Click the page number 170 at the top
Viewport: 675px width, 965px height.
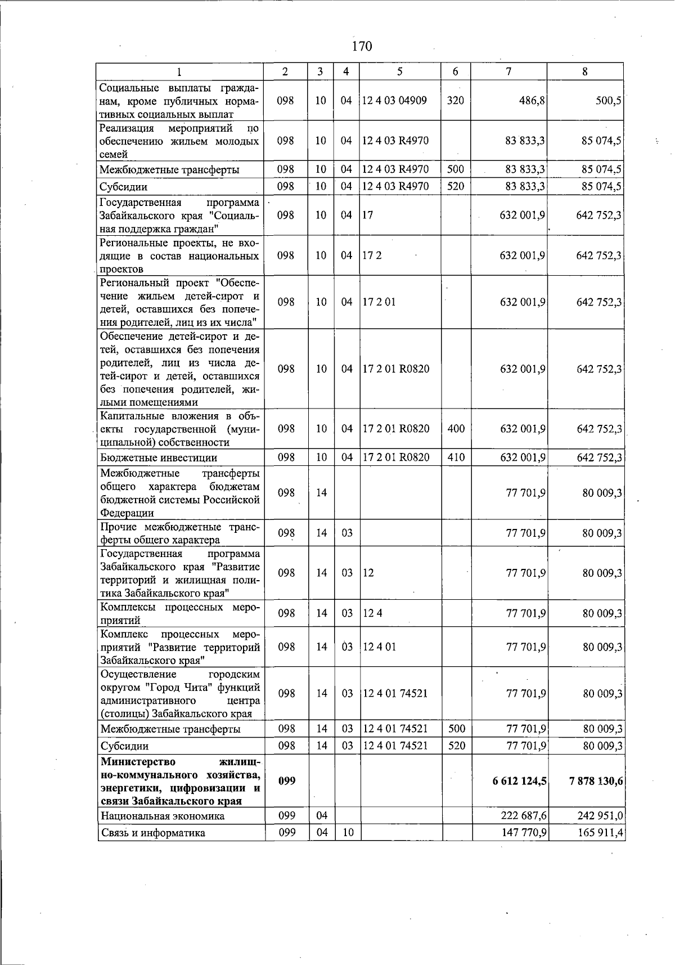362,46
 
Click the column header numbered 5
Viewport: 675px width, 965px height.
399,71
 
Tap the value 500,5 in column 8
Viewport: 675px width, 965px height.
608,101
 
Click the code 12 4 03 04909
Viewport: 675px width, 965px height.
394,101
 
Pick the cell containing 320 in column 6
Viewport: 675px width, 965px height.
455,101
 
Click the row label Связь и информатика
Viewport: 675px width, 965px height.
152,833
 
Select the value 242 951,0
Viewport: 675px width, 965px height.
599,816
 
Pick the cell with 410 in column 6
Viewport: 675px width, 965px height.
456,457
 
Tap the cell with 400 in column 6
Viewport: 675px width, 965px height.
456,429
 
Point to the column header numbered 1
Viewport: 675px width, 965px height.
179,71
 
